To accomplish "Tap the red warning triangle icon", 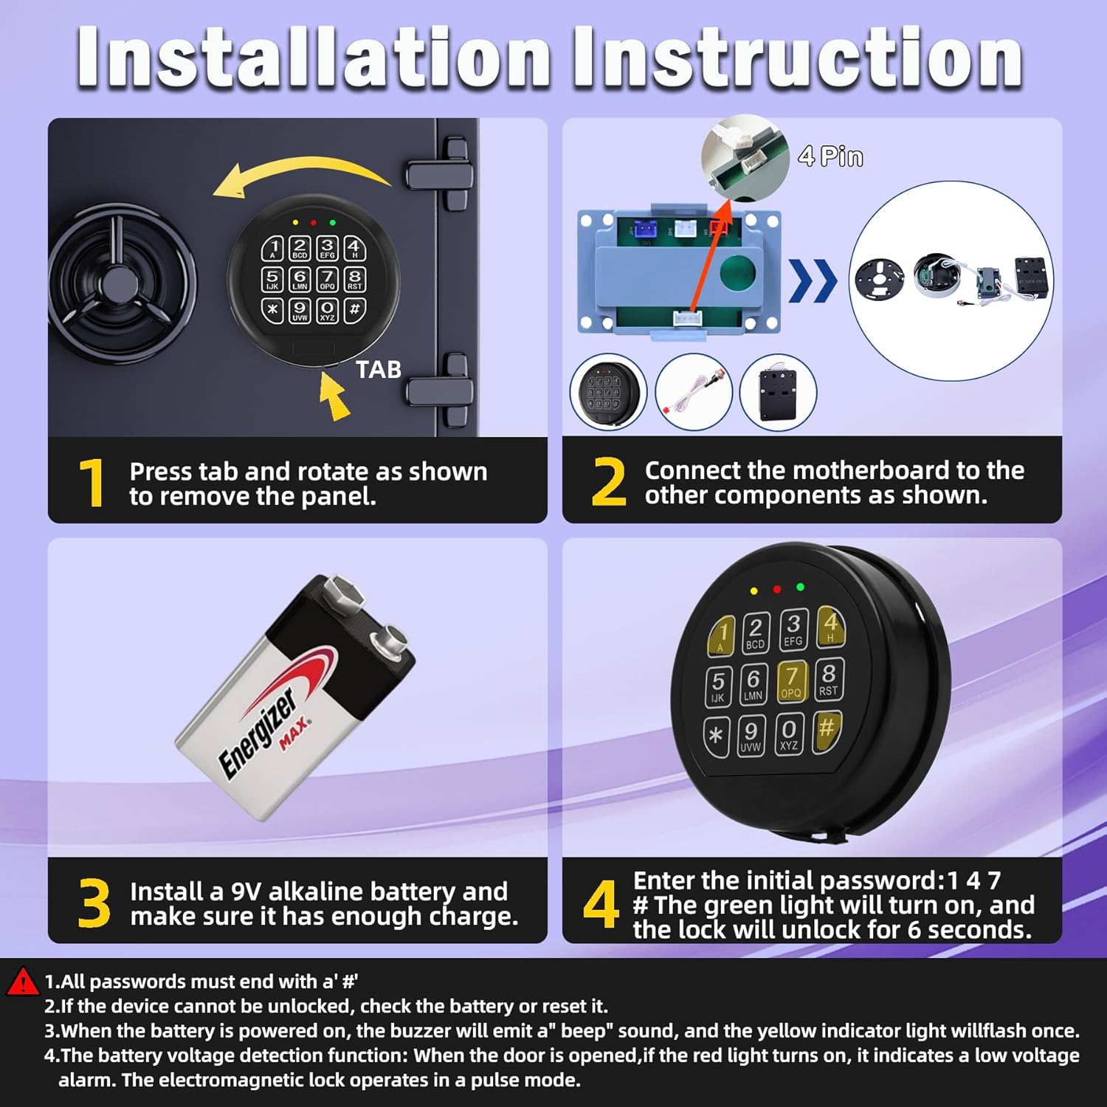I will [22, 982].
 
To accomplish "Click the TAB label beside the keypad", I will [379, 369].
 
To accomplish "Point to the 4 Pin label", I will [830, 156].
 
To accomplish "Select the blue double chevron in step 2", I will [813, 281].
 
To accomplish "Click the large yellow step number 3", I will [94, 903].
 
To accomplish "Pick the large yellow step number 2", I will [609, 482].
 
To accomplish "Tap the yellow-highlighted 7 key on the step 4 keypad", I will [791, 680].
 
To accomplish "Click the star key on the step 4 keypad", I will [716, 737].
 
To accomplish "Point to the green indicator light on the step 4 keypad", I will [801, 587].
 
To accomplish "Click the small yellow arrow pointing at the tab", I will [334, 396].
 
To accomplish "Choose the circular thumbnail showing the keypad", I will [608, 392].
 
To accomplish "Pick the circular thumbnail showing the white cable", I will [693, 392].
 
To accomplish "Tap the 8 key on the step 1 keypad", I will [355, 279].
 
